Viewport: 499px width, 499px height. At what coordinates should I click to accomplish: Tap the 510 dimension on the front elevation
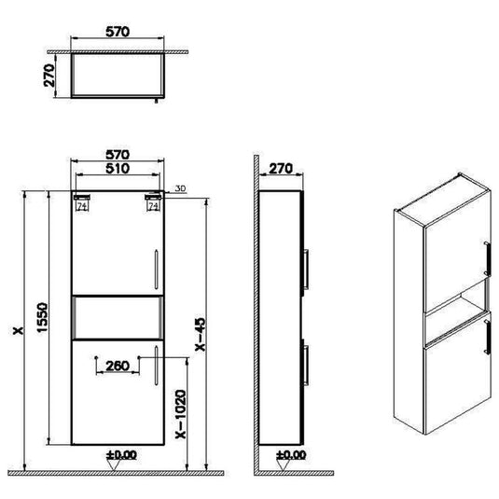click(x=118, y=170)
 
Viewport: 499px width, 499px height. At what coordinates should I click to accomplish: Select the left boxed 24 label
click(x=81, y=208)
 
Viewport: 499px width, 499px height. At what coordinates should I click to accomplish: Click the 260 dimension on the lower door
click(x=118, y=367)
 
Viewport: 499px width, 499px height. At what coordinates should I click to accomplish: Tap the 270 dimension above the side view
click(x=281, y=169)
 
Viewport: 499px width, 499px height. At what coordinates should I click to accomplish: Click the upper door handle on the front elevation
click(x=154, y=266)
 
